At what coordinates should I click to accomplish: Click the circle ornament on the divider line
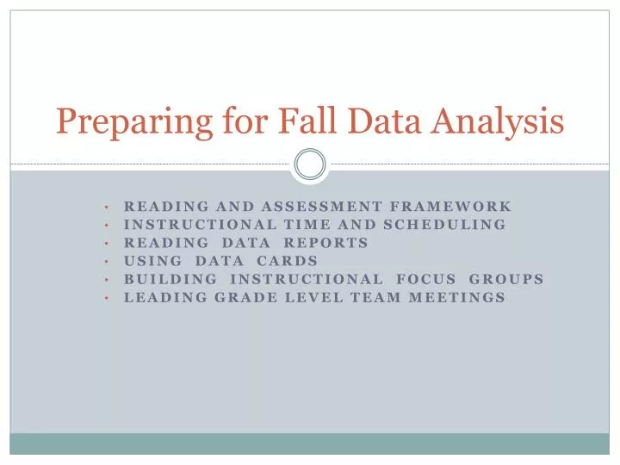310,164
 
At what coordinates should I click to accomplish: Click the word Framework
452,207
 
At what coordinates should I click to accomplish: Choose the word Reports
326,243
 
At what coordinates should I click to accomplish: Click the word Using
153,261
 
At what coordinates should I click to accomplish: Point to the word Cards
288,261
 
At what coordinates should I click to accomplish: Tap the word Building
170,279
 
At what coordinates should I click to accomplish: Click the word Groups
506,279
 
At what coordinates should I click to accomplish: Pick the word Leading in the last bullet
158,297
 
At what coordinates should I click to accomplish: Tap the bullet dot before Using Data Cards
105,262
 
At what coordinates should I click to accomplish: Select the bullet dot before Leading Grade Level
105,298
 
